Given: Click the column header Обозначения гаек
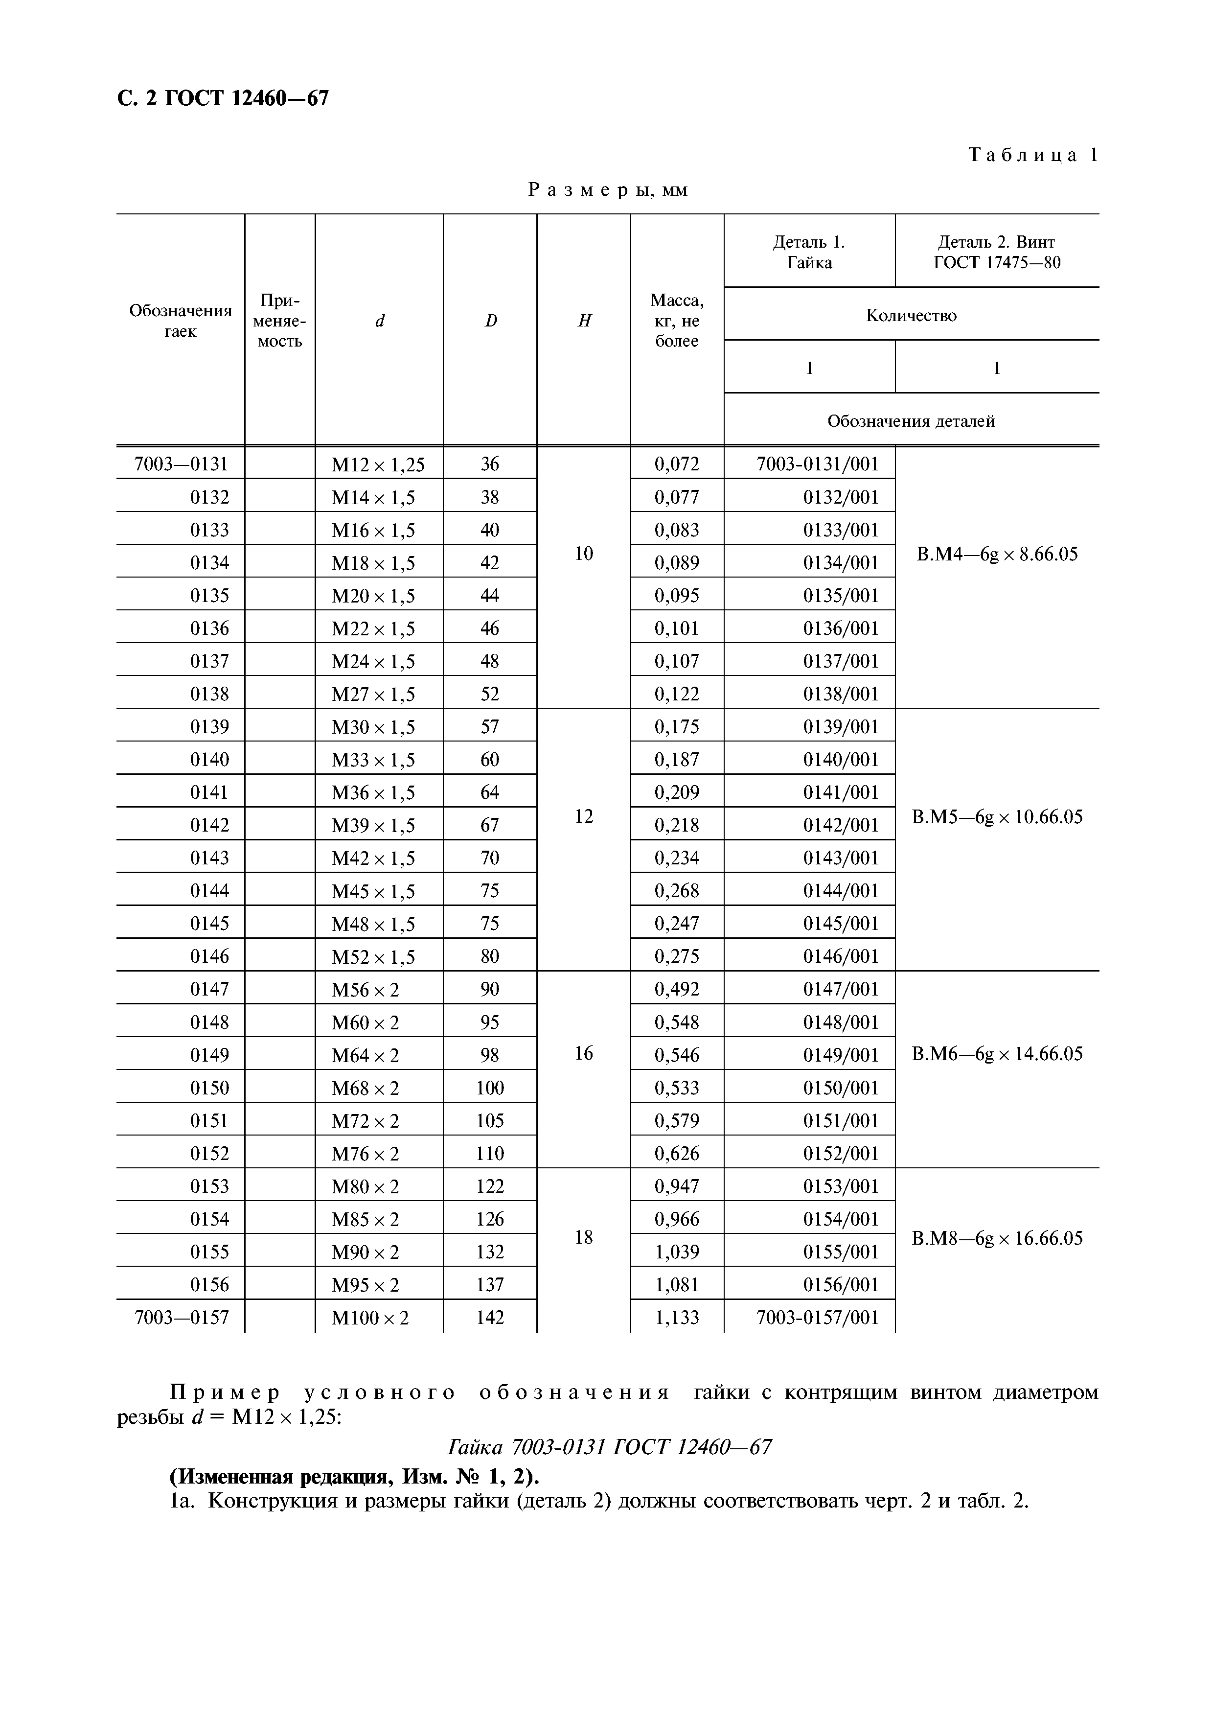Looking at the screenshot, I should click(x=180, y=321).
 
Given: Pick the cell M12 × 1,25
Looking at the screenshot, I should click(x=378, y=464).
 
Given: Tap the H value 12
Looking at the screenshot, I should click(x=584, y=816).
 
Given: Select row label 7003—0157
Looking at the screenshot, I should click(x=182, y=1318).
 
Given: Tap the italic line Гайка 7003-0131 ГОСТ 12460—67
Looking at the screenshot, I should click(x=609, y=1447).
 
